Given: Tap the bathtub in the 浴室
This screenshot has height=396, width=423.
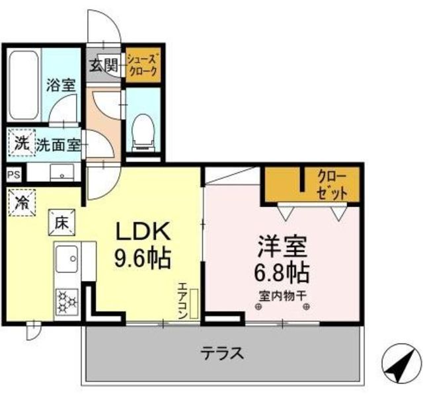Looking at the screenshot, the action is point(24,85).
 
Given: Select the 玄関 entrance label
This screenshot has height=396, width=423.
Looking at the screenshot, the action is point(104,65).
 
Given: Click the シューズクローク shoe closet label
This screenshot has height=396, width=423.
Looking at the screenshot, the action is point(143,65).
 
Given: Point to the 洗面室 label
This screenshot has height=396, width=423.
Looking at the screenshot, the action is point(59,145).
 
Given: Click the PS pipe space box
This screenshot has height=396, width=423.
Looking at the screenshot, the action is point(13,175).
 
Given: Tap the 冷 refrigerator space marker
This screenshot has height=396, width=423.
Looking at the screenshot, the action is point(22,202).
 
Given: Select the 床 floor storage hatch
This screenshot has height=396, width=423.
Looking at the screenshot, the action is point(61,223).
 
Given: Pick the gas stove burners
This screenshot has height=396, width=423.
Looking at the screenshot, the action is point(67,301).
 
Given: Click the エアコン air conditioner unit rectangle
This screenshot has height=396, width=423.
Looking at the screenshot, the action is point(194,303).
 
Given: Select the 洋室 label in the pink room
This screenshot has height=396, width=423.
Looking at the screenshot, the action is point(282,246).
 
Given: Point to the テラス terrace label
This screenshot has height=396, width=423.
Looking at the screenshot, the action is point(222,354).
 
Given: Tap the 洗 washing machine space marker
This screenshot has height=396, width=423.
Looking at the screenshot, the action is point(22,142).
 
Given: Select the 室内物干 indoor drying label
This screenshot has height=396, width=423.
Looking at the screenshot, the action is point(282,296).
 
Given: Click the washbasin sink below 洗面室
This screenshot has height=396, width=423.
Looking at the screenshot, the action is point(61,172).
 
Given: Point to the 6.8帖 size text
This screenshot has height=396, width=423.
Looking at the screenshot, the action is point(282,273).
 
